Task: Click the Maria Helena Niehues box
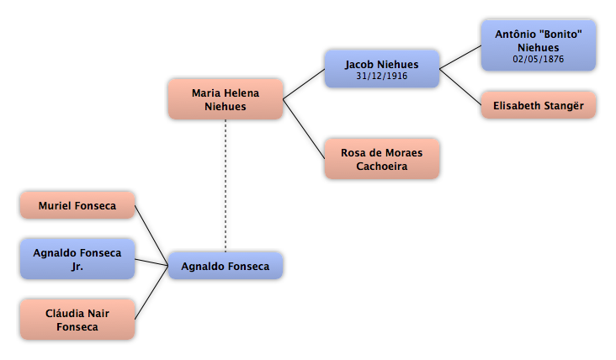click(226, 99)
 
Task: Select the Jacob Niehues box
click(382, 69)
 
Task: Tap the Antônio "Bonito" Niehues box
click(539, 45)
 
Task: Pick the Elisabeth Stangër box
click(539, 105)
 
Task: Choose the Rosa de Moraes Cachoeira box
click(382, 159)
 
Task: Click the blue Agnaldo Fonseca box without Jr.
click(226, 266)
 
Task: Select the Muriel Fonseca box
click(77, 205)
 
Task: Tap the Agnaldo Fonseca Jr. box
click(77, 259)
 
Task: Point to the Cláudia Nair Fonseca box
click(77, 319)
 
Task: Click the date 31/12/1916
click(382, 76)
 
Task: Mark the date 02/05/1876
click(539, 59)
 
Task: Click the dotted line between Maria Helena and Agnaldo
click(226, 186)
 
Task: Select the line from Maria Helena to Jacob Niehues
click(304, 84)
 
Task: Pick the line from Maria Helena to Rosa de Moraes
click(304, 130)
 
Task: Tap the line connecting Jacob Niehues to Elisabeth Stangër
click(460, 87)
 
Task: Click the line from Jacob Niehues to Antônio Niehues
click(460, 57)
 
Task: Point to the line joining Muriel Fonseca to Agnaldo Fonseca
click(151, 236)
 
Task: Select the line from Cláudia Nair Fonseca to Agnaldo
click(151, 293)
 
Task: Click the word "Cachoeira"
click(382, 166)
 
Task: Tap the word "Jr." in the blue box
click(77, 267)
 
